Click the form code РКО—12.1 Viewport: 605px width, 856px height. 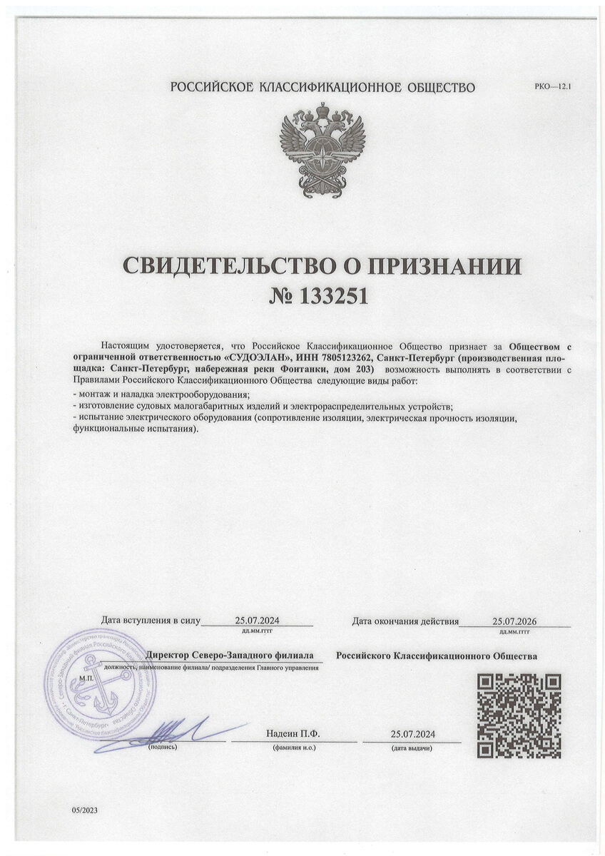[x=554, y=86]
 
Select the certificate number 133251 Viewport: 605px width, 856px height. [x=332, y=295]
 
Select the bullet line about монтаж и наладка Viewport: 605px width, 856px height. [x=161, y=395]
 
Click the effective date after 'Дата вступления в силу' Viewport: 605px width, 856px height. [x=258, y=621]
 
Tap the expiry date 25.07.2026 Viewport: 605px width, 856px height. [x=514, y=621]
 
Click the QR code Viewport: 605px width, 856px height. [x=519, y=715]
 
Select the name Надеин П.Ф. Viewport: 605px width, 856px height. [x=293, y=733]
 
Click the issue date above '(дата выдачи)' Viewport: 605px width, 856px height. [x=413, y=733]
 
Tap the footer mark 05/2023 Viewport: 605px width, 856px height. [x=83, y=811]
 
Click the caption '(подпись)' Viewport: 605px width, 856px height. [x=163, y=748]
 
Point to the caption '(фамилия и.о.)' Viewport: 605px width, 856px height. [x=294, y=748]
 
